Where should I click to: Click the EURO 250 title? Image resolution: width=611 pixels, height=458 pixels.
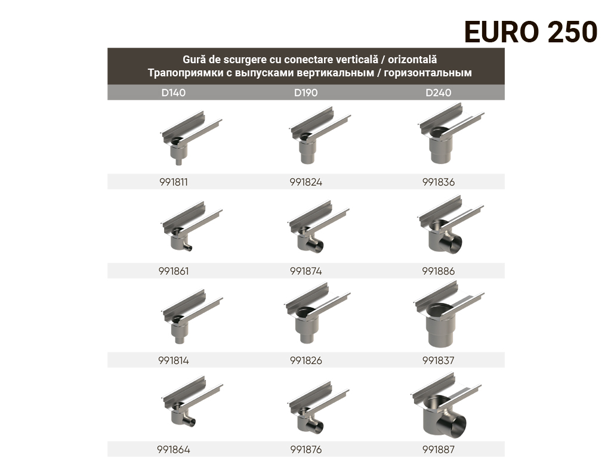click(530, 32)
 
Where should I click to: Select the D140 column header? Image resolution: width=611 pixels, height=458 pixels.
click(174, 92)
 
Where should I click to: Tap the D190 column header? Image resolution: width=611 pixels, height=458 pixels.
click(306, 92)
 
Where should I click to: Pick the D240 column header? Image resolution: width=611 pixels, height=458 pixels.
click(439, 92)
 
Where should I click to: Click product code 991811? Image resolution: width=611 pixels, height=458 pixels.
click(174, 182)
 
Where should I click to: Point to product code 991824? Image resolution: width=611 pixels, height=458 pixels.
click(306, 182)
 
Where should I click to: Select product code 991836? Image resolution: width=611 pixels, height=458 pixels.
click(439, 182)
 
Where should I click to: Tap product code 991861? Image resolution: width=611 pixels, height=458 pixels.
click(174, 271)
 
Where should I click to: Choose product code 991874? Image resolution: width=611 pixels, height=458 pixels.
click(306, 271)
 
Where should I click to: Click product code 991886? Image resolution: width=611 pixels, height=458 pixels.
click(439, 271)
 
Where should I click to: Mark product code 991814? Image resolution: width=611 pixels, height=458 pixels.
click(174, 361)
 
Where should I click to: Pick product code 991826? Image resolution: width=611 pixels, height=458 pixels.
click(306, 361)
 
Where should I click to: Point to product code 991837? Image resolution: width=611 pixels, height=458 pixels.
click(439, 361)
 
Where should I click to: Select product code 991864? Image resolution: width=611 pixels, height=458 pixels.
click(174, 450)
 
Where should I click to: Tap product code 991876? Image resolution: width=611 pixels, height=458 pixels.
click(306, 450)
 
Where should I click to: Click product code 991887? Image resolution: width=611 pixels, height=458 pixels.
click(439, 450)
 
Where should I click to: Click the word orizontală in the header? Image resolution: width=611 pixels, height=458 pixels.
click(412, 60)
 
